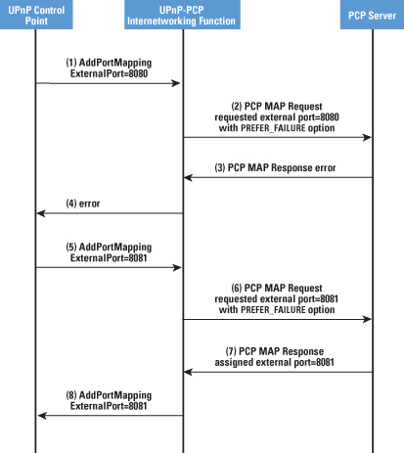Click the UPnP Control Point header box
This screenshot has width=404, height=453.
[x=36, y=15]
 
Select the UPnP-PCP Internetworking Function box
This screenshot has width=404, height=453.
[x=182, y=15]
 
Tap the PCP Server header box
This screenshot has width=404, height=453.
[x=372, y=15]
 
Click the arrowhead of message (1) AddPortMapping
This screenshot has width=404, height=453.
[x=176, y=83]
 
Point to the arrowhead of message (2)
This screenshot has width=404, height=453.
[x=367, y=137]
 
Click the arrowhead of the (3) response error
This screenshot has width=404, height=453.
[x=188, y=178]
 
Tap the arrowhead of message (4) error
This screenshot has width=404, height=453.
[x=41, y=213]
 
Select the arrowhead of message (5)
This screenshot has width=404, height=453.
[x=177, y=268]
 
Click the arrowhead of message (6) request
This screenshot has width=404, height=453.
[x=367, y=319]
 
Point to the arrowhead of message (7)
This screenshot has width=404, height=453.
[x=188, y=372]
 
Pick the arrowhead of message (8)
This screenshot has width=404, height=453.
[x=42, y=416]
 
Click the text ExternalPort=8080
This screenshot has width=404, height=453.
[x=109, y=73]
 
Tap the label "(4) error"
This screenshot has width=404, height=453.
[x=83, y=204]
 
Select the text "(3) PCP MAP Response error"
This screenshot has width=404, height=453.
[x=275, y=167]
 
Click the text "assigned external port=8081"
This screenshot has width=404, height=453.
[x=274, y=362]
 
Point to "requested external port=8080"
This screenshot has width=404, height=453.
[x=277, y=117]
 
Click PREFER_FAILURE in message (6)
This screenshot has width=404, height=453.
[x=273, y=310]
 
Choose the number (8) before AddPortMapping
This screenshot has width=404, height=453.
[x=71, y=395]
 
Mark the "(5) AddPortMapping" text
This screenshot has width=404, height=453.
[x=109, y=248]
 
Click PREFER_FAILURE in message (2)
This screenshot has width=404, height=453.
[x=273, y=128]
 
